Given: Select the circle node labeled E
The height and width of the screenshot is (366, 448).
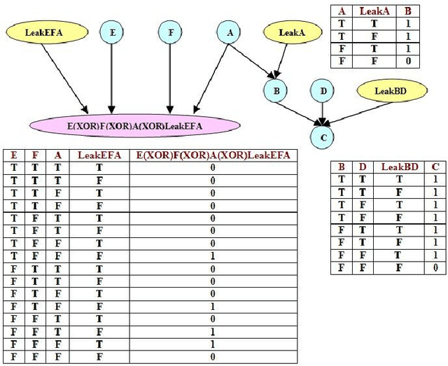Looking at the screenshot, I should [111, 31].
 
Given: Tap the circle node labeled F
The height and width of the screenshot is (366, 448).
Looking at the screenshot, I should [169, 31].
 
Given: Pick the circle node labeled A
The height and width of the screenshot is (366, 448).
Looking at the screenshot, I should [228, 31].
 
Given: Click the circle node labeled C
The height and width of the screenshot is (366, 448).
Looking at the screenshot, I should [323, 136].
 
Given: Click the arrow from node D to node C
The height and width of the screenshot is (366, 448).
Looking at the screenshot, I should [322, 112].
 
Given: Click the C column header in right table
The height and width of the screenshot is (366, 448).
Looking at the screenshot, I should [435, 167].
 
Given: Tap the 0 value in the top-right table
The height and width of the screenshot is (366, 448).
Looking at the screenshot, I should [407, 62].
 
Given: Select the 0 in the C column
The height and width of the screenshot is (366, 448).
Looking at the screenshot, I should [435, 267].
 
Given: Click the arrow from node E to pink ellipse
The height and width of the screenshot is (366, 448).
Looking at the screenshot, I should [111, 77].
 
